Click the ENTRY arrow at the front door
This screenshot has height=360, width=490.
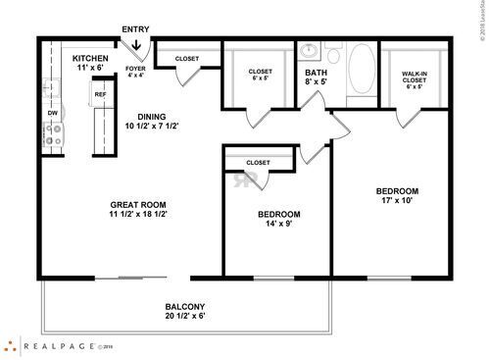135,43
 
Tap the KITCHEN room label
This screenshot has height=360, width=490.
91,64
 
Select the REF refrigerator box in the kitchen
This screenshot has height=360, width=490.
100,94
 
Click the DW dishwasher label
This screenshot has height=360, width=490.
52,113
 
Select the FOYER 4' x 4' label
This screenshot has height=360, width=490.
135,73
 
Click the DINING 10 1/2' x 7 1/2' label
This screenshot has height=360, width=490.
151,121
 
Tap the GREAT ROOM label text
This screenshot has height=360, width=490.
137,210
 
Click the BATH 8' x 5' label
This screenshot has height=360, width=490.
317,77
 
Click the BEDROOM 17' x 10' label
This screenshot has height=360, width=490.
397,196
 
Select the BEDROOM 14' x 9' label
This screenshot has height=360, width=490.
278,219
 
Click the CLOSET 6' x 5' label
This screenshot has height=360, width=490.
260,75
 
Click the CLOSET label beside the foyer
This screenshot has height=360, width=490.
186,59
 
